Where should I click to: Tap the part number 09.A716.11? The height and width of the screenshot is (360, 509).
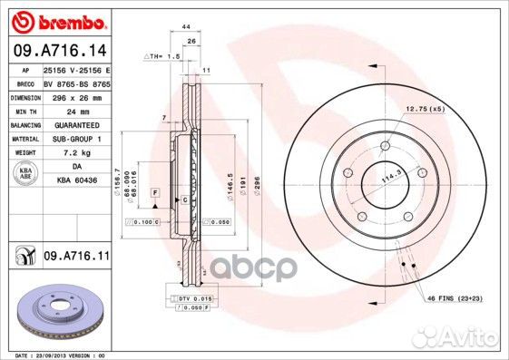pyautogui.click(x=75, y=258)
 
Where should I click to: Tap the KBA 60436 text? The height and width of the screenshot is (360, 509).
pyautogui.click(x=76, y=181)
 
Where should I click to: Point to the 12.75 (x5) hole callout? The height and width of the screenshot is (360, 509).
pyautogui.click(x=426, y=109)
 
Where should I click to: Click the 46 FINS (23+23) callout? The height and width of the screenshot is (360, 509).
pyautogui.click(x=454, y=297)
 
